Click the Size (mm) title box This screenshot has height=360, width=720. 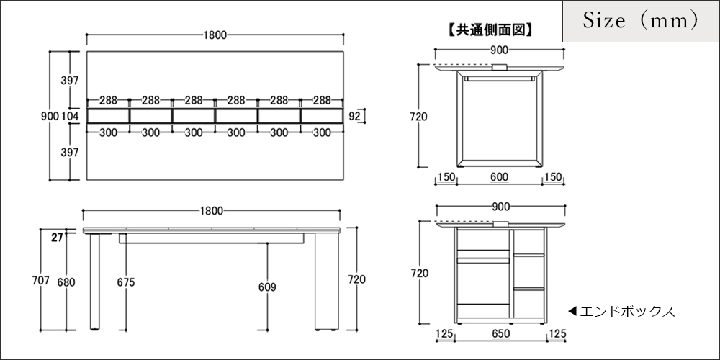pos(641,22)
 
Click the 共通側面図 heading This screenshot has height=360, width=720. pos(489,30)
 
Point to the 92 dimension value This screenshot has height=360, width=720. pos(354,116)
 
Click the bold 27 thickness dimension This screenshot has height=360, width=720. pos(57,238)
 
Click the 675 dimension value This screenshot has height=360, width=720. pos(126,282)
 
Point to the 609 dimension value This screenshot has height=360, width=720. pos(267,287)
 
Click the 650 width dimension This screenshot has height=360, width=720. pos(500,334)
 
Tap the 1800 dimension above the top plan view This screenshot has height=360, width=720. pos(215,35)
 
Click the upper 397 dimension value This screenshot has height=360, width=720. pos(70,81)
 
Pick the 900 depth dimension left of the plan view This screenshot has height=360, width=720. pos(50,116)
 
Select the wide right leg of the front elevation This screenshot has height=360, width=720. pos(326,281)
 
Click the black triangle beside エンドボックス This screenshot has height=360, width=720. pos(572,311)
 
